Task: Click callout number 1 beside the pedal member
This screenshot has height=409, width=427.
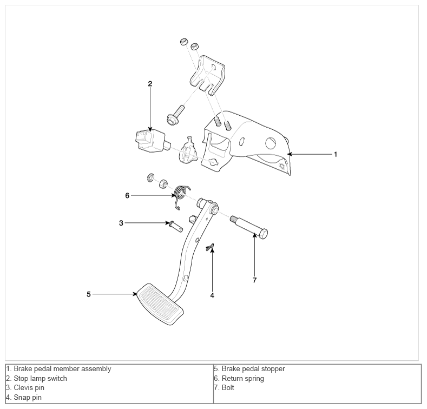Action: click(x=336, y=154)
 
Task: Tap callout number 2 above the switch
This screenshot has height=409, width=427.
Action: click(x=150, y=84)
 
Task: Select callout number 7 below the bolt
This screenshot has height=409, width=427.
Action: click(x=254, y=280)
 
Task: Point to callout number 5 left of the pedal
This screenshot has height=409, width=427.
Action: click(x=89, y=294)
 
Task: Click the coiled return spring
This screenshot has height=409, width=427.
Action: click(x=181, y=195)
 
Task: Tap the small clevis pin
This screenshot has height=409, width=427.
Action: click(x=176, y=227)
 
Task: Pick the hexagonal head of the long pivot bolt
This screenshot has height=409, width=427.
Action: click(x=262, y=234)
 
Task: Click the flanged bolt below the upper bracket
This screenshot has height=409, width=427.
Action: click(x=176, y=116)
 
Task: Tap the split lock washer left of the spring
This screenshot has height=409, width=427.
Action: click(x=150, y=177)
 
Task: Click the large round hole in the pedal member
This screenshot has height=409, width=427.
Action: click(x=271, y=143)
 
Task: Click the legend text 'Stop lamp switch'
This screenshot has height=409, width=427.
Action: click(x=40, y=379)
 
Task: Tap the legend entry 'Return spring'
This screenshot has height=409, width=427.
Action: click(x=243, y=379)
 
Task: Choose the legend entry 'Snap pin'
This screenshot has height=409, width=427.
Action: click(x=28, y=397)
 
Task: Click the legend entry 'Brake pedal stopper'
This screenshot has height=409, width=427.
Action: click(x=253, y=369)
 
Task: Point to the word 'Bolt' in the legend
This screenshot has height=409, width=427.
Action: click(x=228, y=387)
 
